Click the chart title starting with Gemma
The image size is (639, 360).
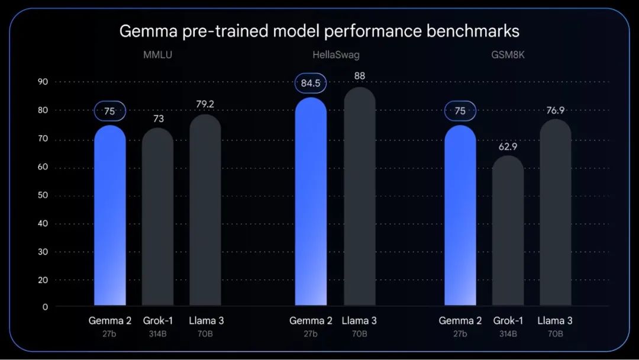coord(319,31)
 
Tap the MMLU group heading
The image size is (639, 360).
coord(157,56)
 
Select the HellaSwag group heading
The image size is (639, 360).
coord(335,56)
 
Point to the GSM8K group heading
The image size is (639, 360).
coord(507,56)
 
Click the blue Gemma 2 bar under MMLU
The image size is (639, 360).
coord(110,219)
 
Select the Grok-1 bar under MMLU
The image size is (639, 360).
coord(157,219)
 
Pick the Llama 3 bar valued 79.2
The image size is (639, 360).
coord(205,213)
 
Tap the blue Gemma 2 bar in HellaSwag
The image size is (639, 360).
coord(311,204)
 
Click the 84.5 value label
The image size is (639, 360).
coord(311,83)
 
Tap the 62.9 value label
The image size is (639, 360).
coord(508,146)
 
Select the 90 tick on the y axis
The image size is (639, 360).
coord(42,82)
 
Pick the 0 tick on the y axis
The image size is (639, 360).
coord(45,307)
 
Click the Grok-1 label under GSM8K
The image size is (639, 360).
coord(508,321)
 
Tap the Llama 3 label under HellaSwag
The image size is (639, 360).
coord(359,321)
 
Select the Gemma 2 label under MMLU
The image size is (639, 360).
coord(110,321)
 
